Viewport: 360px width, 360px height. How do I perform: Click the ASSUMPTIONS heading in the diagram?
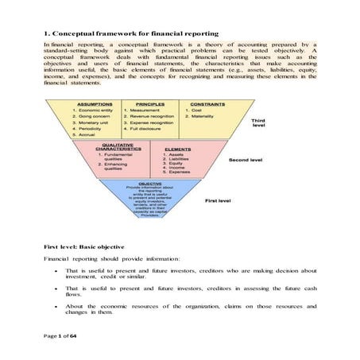(x=94, y=103)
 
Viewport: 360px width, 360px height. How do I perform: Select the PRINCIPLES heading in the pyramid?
(x=151, y=103)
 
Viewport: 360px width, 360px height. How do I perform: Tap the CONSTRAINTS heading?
(x=204, y=103)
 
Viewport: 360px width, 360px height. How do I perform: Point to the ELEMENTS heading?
(x=178, y=149)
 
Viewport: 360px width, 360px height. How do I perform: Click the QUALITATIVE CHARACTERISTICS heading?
(x=118, y=147)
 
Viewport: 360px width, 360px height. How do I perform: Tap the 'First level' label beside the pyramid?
(x=219, y=201)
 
